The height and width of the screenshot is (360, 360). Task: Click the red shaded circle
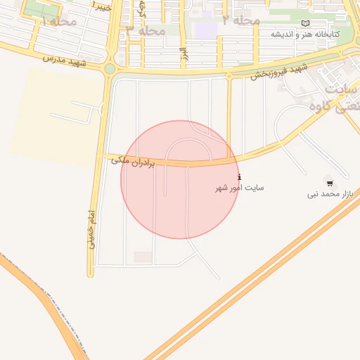pyautogui.click(x=179, y=179)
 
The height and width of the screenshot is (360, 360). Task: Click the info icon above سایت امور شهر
pyautogui.click(x=240, y=176)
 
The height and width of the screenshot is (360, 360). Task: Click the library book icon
pyautogui.click(x=304, y=23)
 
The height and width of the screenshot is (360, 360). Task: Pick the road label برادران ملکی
pyautogui.click(x=132, y=162)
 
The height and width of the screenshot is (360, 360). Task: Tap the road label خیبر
pyautogui.click(x=101, y=5)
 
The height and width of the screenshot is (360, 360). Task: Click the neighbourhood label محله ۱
pyautogui.click(x=59, y=21)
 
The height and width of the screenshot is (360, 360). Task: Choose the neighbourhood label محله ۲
pyautogui.click(x=241, y=20)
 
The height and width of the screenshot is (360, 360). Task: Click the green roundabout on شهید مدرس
pyautogui.click(x=110, y=69)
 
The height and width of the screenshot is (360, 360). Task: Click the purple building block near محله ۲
pyautogui.click(x=205, y=30)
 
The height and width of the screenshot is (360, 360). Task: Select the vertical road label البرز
pyautogui.click(x=183, y=55)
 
